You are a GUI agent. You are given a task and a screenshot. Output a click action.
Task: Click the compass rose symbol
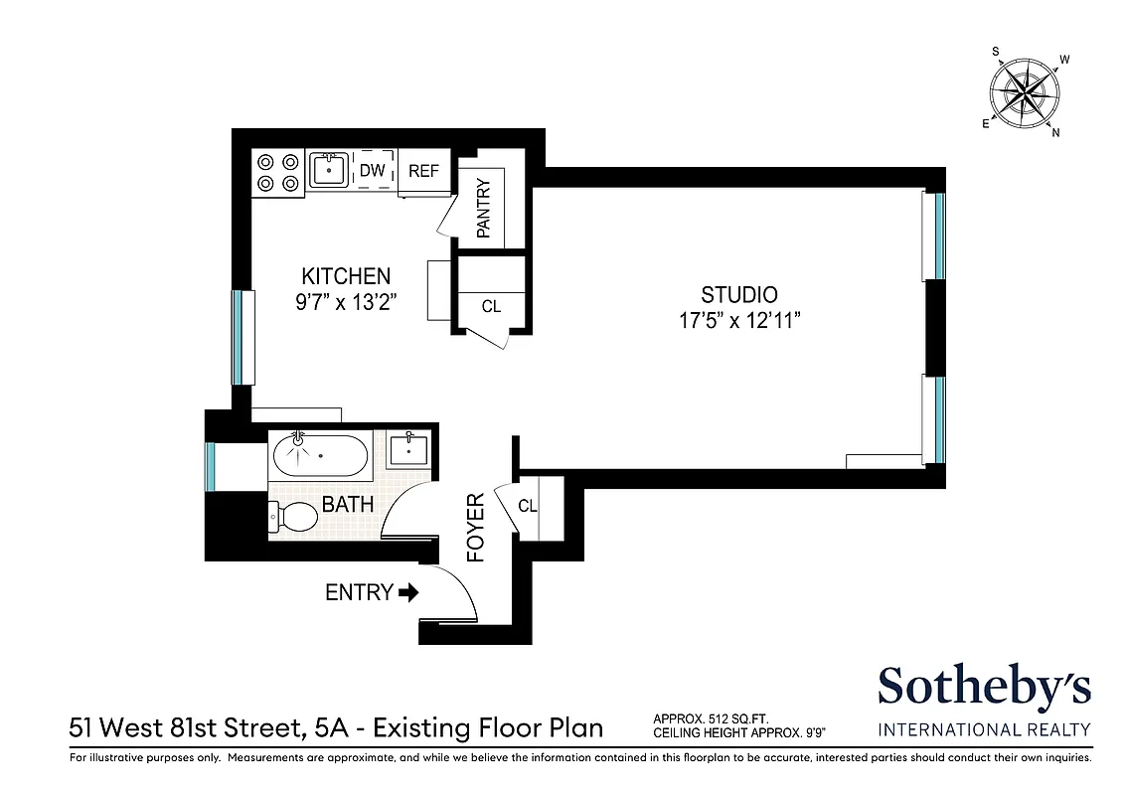click(1024, 93)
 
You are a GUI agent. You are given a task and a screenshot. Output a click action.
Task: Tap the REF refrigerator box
click(423, 171)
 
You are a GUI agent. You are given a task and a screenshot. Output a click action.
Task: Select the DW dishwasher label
click(372, 171)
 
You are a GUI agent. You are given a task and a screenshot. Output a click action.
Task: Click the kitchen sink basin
click(328, 170)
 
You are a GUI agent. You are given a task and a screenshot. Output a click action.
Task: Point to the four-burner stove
click(277, 171)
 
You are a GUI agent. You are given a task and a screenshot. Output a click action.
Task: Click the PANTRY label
click(484, 209)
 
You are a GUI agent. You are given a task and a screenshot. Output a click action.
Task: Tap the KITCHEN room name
click(346, 276)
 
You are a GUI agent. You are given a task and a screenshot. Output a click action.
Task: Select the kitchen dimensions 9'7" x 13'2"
click(346, 303)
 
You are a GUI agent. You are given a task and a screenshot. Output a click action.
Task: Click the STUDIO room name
click(738, 295)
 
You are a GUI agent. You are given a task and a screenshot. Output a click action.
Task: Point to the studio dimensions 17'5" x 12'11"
click(738, 321)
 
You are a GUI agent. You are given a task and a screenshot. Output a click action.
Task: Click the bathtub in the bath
click(320, 456)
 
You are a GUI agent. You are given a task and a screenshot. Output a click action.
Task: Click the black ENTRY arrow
click(407, 593)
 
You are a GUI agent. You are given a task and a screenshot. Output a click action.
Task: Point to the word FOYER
click(476, 528)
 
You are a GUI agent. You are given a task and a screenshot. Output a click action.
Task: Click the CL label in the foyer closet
click(528, 506)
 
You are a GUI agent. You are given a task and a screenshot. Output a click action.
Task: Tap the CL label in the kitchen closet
click(491, 306)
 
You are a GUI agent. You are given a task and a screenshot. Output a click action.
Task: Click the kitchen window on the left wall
click(238, 336)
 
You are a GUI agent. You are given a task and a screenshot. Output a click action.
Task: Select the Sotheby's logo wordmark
click(984, 688)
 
